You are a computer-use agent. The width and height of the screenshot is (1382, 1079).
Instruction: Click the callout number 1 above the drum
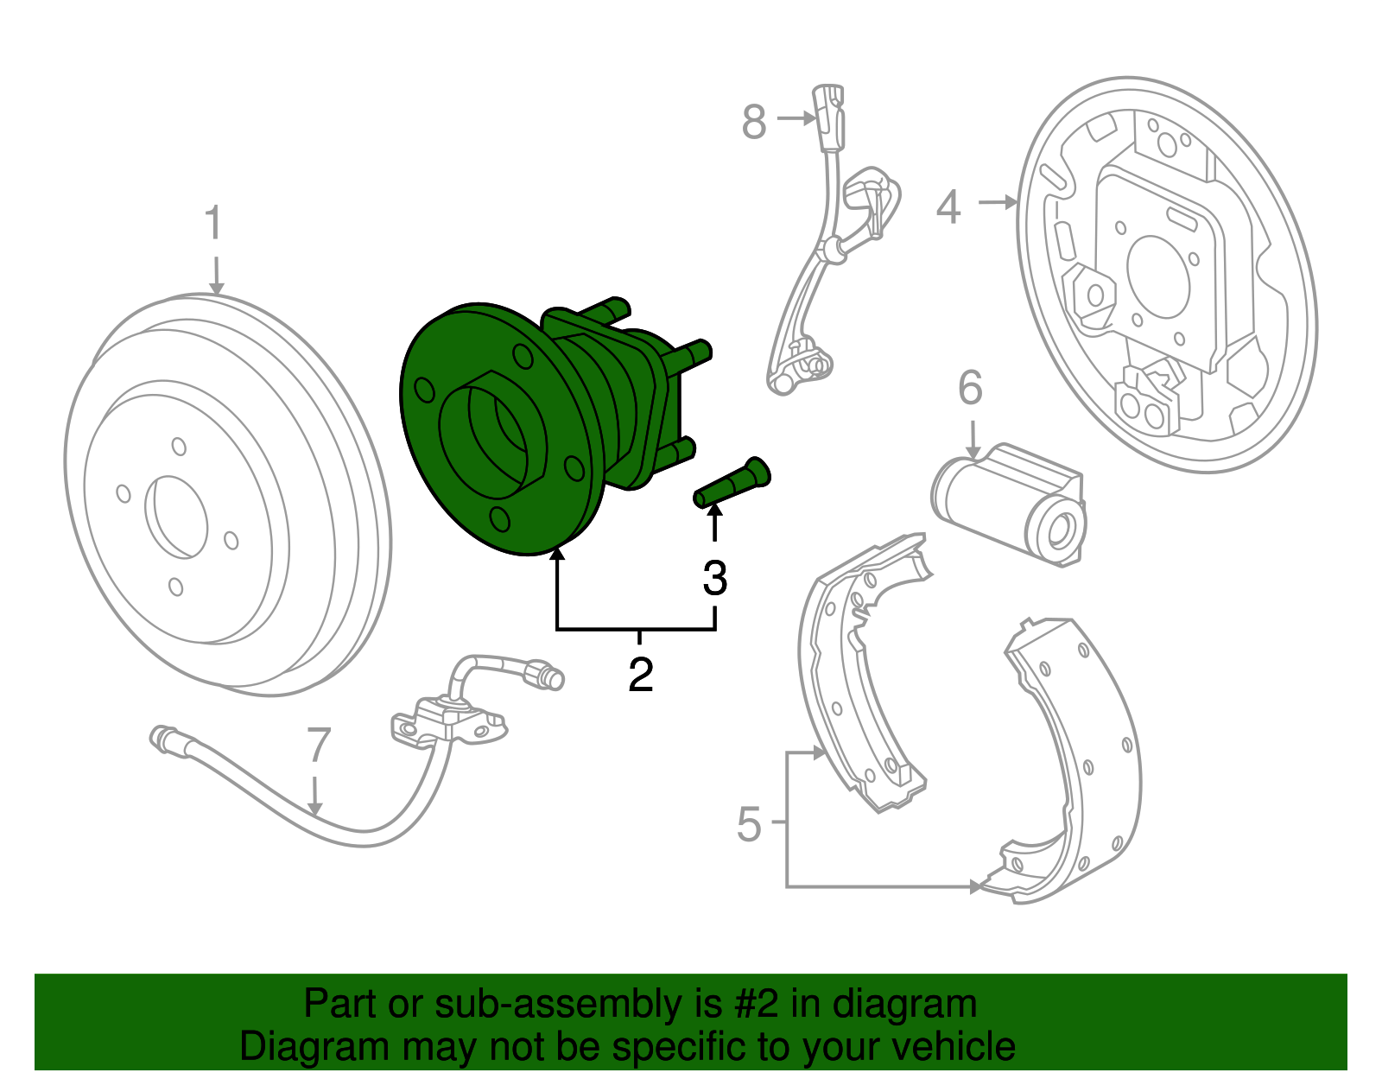[213, 223]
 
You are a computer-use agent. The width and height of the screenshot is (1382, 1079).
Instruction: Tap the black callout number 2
[640, 675]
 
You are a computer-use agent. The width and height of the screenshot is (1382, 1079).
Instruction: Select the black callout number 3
[714, 578]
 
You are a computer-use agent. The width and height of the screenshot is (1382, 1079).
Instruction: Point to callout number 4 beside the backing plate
[948, 207]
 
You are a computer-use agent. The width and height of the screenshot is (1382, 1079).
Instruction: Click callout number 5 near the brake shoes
[749, 824]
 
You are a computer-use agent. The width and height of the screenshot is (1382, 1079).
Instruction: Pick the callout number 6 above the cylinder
[970, 388]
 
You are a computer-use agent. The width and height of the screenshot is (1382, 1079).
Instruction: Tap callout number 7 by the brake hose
[319, 746]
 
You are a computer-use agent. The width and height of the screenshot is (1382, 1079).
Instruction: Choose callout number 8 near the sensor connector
[754, 122]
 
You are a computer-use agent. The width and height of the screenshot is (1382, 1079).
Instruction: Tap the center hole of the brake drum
[177, 516]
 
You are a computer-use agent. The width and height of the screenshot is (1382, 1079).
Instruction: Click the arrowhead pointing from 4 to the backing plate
[1011, 202]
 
